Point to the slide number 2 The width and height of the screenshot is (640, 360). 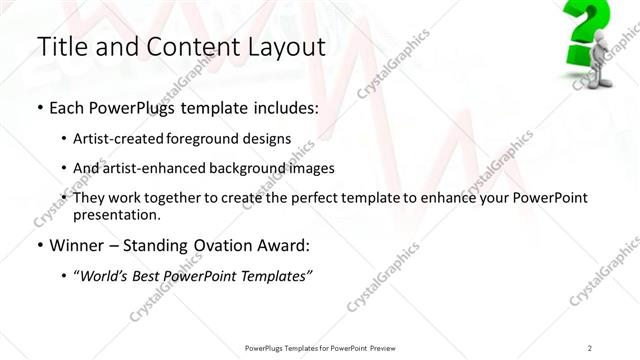(590, 347)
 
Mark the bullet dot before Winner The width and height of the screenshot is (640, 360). (39, 246)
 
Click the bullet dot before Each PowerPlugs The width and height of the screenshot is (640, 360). (39, 106)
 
